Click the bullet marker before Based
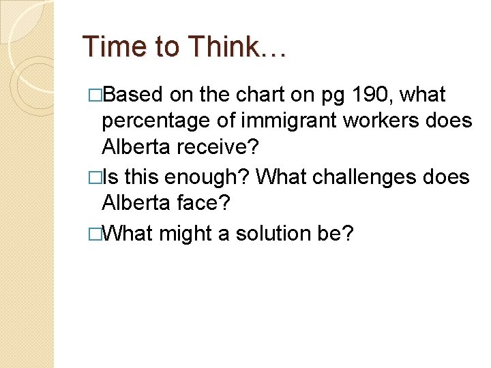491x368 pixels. click(x=95, y=95)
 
